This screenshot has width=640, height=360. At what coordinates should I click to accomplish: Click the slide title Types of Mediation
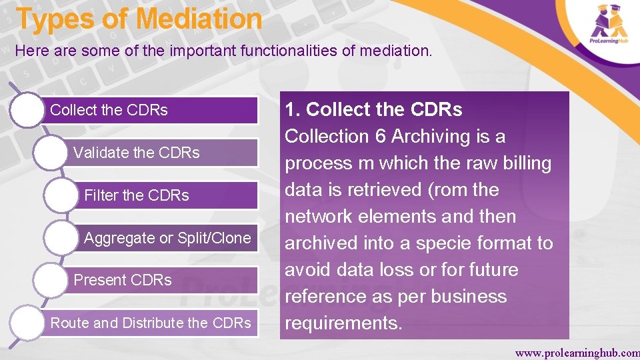click(139, 19)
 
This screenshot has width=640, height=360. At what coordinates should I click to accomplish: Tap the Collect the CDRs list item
click(109, 110)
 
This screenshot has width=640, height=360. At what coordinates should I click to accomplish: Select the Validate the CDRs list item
click(136, 153)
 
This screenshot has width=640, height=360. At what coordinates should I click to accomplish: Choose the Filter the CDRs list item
click(137, 195)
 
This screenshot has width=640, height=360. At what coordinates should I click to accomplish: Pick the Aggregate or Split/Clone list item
click(167, 238)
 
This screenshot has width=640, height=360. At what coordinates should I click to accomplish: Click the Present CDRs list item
click(123, 280)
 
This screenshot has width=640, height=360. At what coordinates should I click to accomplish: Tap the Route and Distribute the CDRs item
click(151, 323)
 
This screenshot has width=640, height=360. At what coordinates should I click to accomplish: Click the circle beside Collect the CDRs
click(27, 110)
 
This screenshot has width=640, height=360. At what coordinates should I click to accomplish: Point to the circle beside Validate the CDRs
click(53, 153)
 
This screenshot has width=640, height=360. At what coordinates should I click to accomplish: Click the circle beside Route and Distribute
click(27, 323)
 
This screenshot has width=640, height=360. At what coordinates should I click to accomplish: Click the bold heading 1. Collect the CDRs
click(373, 109)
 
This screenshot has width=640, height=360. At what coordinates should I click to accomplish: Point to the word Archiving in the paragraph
click(431, 136)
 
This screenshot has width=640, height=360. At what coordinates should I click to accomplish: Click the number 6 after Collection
click(380, 136)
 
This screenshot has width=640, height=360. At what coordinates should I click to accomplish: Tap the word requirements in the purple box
click(343, 323)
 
